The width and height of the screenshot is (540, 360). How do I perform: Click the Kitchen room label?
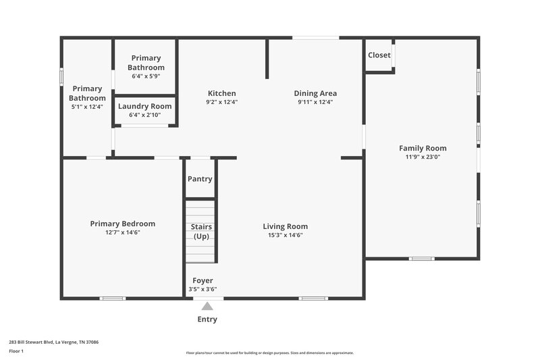click(x=221, y=93)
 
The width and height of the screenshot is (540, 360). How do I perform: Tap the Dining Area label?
click(x=315, y=93)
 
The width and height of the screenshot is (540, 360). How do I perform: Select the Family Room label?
click(x=423, y=148)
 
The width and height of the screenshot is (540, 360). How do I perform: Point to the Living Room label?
click(x=285, y=226)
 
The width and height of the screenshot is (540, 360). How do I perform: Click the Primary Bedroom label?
click(x=123, y=224)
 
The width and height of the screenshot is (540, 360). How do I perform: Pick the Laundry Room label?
click(x=144, y=106)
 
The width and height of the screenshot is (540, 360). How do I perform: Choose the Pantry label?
click(x=200, y=179)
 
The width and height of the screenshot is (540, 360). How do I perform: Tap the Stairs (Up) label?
click(x=201, y=231)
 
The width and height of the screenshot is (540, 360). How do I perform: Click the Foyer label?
click(x=202, y=280)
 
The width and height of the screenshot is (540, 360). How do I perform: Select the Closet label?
click(x=379, y=55)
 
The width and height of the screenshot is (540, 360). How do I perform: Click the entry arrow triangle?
click(x=207, y=306)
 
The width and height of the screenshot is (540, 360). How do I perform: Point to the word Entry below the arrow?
click(x=207, y=319)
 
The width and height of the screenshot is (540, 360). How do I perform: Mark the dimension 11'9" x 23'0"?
click(x=423, y=157)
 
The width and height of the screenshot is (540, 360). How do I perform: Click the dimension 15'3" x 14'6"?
click(x=285, y=235)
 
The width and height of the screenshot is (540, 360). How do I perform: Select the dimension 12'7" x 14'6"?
click(x=123, y=232)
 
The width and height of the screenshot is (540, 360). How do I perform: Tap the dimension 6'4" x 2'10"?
click(x=144, y=115)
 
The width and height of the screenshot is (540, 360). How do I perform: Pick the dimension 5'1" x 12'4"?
click(x=87, y=107)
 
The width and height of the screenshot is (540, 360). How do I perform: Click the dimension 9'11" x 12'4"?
click(x=315, y=102)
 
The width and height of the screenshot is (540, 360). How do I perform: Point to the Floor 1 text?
click(x=16, y=351)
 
